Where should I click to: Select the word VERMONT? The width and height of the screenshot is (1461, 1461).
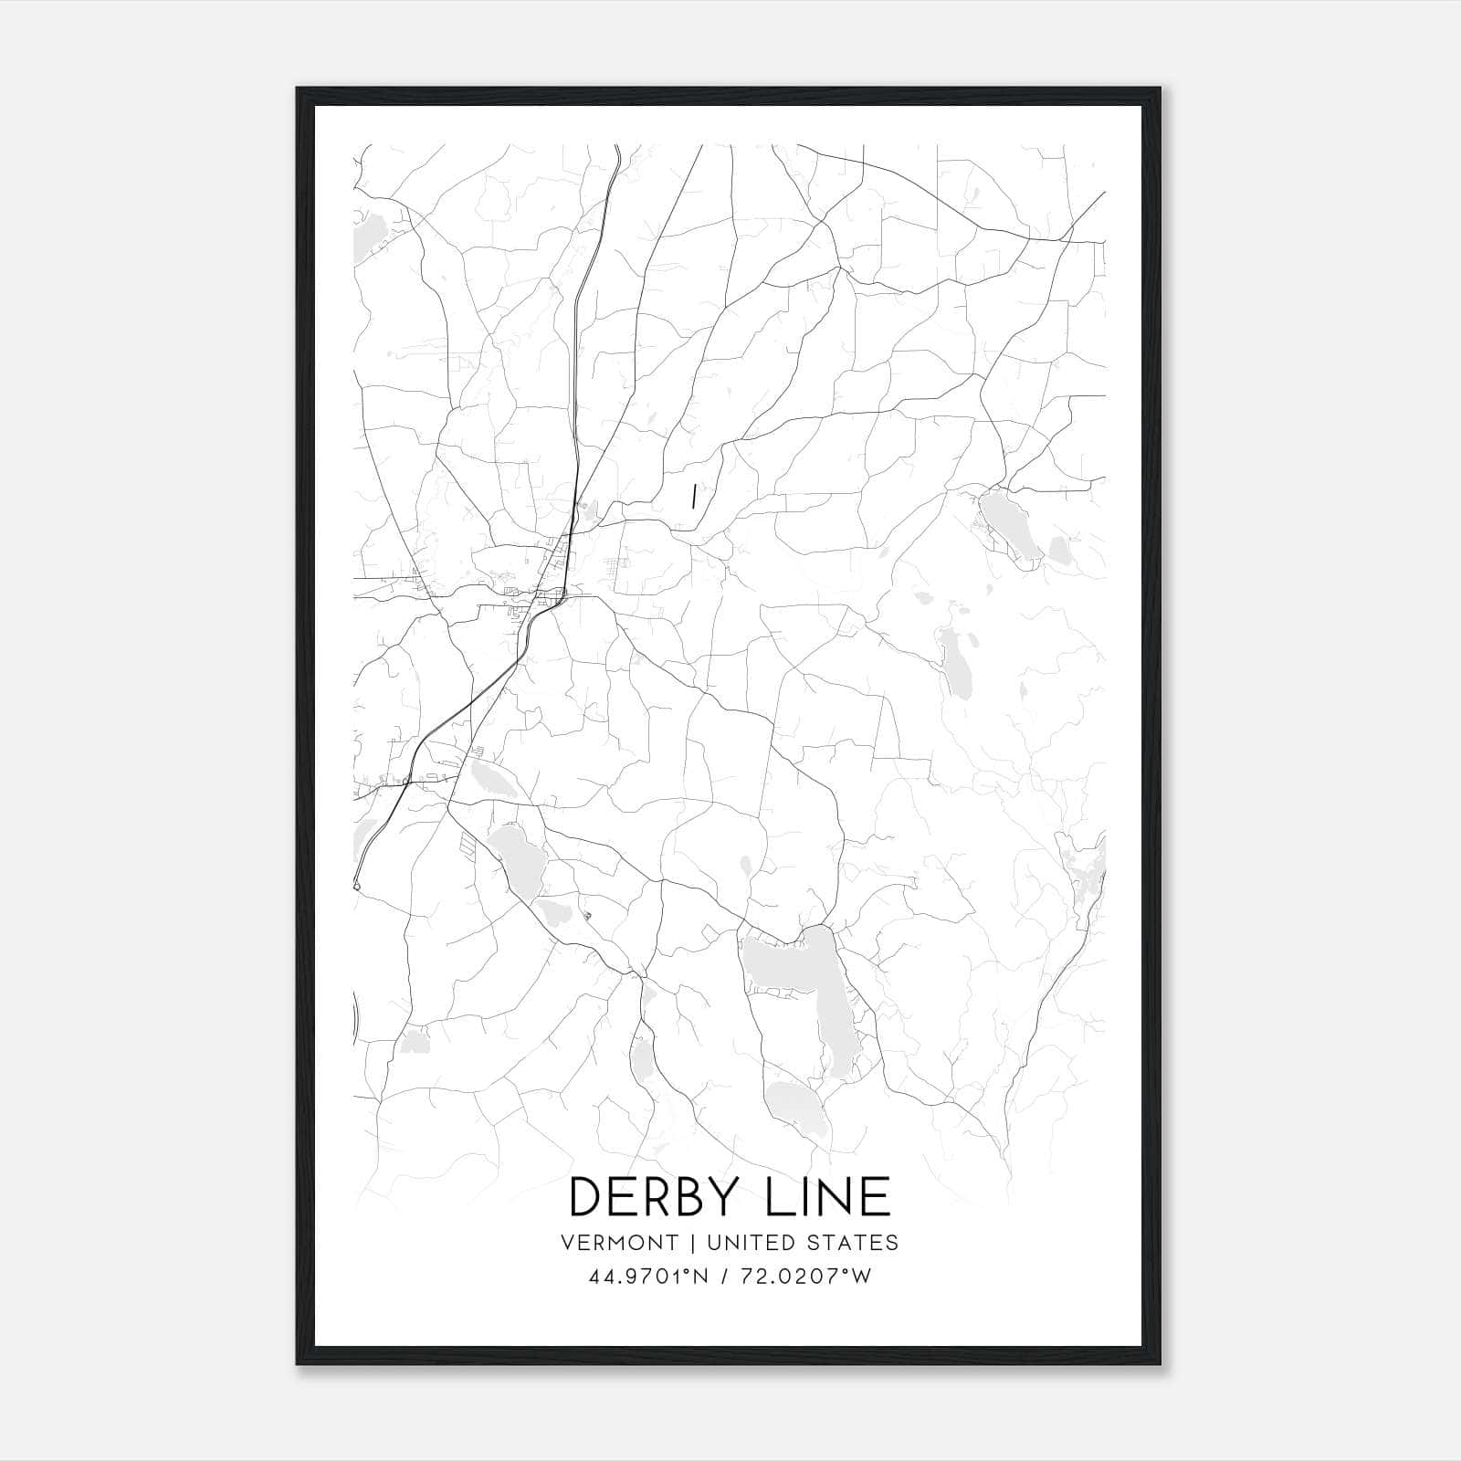[x=621, y=1242]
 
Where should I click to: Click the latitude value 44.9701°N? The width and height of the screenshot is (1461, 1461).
[x=648, y=1277]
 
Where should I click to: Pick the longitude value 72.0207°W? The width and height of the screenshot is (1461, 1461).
[x=808, y=1277]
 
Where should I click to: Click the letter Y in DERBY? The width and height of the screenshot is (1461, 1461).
[x=734, y=1195]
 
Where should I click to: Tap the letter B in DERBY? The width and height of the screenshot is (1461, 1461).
[x=698, y=1195]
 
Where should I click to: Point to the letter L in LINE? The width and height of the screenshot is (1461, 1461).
[x=781, y=1195]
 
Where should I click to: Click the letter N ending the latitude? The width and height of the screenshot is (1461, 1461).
[x=700, y=1277]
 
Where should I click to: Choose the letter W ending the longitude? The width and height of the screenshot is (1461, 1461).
[x=861, y=1277]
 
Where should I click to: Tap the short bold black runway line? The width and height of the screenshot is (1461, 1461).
[x=695, y=496]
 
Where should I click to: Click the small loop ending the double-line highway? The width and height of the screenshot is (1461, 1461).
[x=356, y=886]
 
